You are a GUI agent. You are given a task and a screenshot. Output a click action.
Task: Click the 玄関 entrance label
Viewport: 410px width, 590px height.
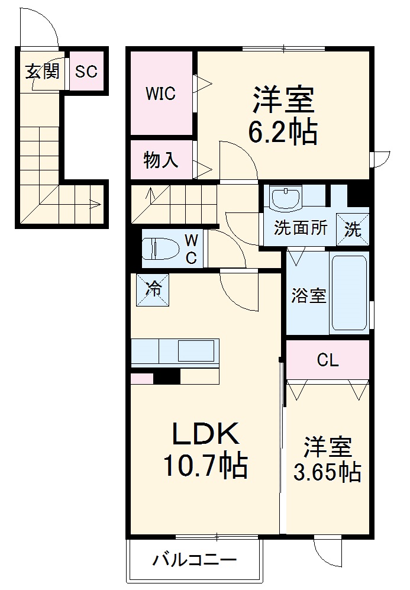pos(43,71)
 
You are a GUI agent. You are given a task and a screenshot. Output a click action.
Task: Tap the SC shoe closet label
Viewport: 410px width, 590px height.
pos(86,71)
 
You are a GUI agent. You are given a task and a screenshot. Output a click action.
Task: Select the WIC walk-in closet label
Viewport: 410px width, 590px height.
pos(160,94)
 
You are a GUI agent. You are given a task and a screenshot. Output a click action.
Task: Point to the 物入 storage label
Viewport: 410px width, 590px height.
pos(160,160)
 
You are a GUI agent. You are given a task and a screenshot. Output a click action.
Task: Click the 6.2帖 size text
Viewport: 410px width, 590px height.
pos(283,133)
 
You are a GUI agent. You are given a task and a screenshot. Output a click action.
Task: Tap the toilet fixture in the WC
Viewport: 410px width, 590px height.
pos(161,249)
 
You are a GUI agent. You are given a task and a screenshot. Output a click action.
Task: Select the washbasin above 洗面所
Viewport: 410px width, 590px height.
pos(286,198)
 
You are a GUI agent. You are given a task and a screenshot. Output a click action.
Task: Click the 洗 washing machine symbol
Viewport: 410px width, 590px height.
pos(353,229)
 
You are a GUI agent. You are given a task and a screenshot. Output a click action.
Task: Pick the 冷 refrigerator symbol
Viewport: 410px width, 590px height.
pos(152,289)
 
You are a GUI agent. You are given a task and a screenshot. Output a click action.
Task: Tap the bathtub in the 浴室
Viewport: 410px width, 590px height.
pos(349,293)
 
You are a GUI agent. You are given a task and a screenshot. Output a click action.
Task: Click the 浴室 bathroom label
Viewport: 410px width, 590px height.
pos(308,296)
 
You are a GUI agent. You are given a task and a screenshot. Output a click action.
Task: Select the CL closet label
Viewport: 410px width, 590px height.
pos(328,360)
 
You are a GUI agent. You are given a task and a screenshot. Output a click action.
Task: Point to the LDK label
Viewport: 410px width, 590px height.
pos(205,433)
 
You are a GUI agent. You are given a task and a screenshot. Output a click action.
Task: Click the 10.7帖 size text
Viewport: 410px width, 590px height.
pos(205,466)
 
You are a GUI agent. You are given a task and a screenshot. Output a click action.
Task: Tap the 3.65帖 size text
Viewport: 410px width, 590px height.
pos(327,472)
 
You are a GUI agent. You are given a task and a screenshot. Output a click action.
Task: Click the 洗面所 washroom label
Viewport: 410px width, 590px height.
pos(301,228)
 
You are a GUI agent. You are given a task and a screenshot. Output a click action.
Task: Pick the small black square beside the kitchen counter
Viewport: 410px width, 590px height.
pos(167,377)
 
